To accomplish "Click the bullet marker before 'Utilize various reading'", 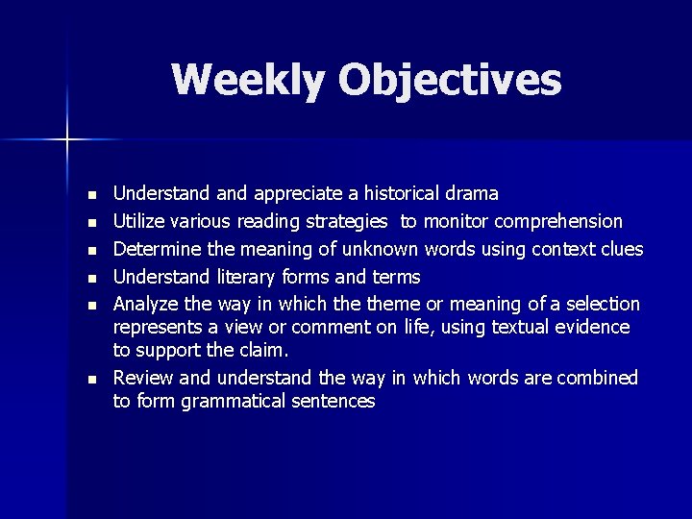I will [x=91, y=223].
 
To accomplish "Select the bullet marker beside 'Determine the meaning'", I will [x=91, y=250].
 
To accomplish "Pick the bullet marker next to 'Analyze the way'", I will [x=91, y=305].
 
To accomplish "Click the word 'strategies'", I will [x=347, y=222].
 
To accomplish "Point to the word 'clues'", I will [x=620, y=249].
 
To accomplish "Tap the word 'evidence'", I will [x=593, y=328].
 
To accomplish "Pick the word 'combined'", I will [x=601, y=378].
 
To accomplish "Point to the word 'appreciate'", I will [x=297, y=195].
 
